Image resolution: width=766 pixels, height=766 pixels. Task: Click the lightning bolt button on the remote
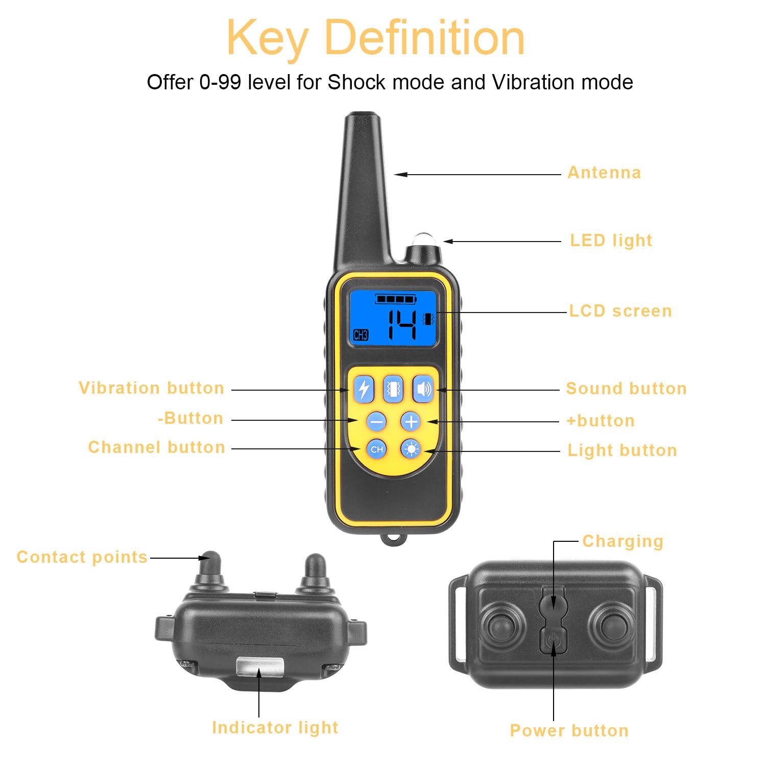pos(364,389)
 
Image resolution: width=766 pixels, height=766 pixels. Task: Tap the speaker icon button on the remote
pos(423,389)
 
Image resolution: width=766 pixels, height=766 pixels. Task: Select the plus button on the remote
pos(411,422)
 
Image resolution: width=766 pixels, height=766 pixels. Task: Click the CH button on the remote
pos(377,449)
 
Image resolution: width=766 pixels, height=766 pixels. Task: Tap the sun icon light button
pos(411,449)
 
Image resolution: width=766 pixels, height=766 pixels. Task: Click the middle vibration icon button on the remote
pos(393,389)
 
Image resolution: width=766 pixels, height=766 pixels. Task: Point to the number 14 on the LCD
pos(402,325)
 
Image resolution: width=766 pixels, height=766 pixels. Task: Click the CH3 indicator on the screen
pos(361,335)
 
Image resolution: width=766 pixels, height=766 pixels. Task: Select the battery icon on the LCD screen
pos(396,299)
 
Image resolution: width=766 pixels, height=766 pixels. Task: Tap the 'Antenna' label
pos(604,173)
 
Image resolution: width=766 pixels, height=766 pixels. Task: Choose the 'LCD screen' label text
pos(620,311)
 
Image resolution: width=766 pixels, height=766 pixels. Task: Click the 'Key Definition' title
pos(375,38)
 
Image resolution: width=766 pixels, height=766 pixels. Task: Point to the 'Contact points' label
pos(82,557)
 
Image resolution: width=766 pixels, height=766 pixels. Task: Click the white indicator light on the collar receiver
pos(259,666)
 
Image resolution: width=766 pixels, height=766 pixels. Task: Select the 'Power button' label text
pos(569,730)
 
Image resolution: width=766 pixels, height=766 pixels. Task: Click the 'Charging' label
pos(623,541)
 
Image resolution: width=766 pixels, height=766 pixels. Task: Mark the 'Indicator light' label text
pos(275,727)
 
